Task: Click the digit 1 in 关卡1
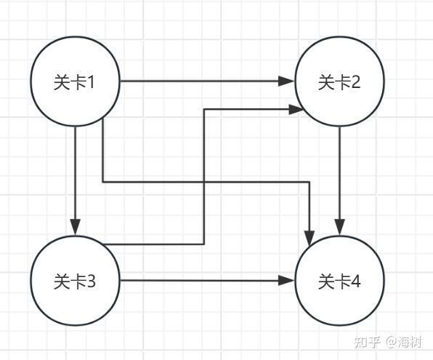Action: point(90,82)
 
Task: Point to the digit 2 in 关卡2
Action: point(356,82)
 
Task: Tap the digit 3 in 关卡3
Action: point(91,281)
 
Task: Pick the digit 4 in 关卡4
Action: point(356,281)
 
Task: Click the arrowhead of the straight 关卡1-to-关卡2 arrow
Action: point(286,81)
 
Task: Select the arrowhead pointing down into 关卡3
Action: point(75,228)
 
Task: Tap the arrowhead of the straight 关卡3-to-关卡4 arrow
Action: point(286,281)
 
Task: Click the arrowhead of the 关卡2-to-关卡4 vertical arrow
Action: point(340,228)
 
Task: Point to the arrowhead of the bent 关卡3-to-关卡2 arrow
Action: point(296,110)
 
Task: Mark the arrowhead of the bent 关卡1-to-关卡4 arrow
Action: point(309,238)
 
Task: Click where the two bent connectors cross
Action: point(204,183)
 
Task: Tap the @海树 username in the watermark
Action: point(404,343)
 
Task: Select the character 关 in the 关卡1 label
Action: point(62,82)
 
